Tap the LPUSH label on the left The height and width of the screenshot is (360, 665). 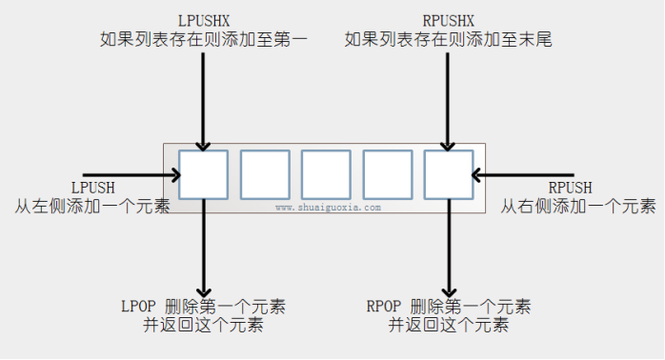pos(91,188)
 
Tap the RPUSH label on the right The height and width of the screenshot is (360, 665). pos(570,188)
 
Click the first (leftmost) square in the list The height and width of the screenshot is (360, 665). pos(203,175)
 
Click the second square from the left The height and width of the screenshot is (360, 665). pos(264,175)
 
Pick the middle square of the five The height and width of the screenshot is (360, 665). pos(326,175)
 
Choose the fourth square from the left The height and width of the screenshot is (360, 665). pos(387,175)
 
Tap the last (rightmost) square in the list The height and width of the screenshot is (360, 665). pos(448,175)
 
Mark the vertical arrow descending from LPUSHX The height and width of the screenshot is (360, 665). pos(203,95)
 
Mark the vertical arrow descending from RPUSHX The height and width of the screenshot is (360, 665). pos(448,95)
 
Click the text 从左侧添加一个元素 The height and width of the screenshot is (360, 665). pos(91,205)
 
